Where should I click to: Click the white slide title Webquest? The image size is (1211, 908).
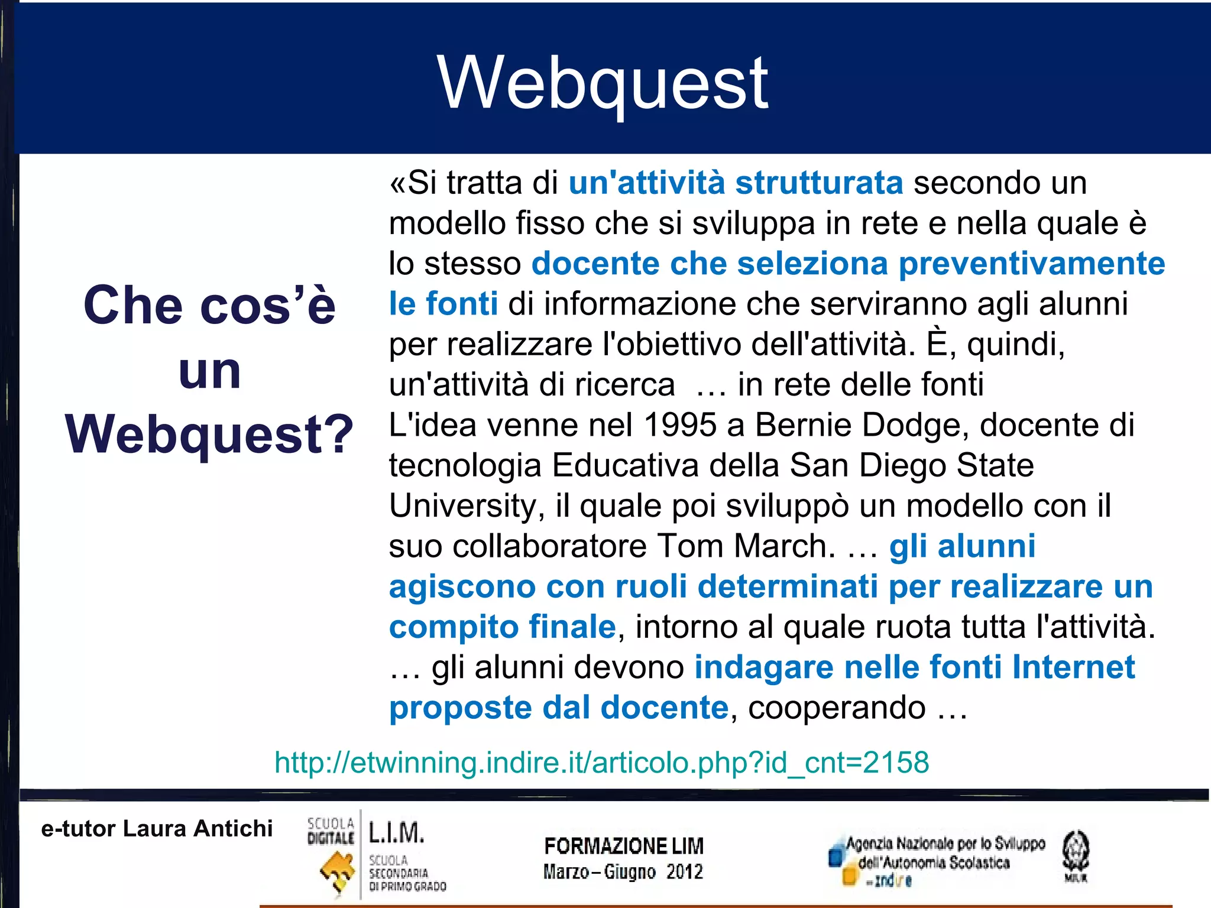click(603, 83)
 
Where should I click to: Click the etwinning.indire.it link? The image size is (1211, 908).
click(601, 762)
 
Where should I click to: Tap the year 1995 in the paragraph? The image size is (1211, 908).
click(680, 425)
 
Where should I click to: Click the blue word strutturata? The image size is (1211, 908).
click(819, 183)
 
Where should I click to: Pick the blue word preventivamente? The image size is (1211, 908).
click(1031, 264)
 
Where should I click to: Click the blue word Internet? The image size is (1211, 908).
click(1073, 667)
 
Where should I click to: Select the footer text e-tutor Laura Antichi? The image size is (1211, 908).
click(157, 829)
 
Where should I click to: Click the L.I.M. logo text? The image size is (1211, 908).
click(396, 832)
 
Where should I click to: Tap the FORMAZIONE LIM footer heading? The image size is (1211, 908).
click(624, 847)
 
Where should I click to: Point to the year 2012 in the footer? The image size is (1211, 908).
click(685, 872)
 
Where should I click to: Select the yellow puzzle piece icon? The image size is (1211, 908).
click(337, 872)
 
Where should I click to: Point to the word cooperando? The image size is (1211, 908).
click(837, 708)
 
